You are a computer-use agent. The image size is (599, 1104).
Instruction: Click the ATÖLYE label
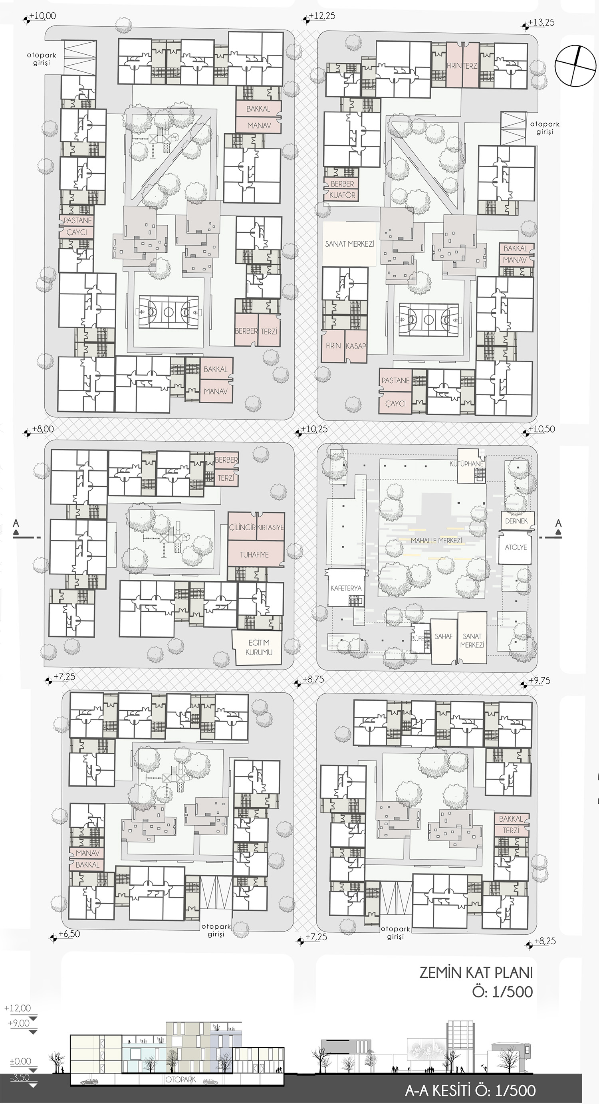[x=516, y=547]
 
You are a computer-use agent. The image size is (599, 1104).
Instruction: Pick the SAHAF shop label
[x=443, y=636]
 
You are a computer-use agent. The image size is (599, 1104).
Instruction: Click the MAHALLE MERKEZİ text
[x=436, y=541]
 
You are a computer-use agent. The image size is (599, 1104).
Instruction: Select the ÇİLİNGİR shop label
[x=242, y=527]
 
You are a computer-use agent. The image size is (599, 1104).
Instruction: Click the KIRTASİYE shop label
[x=270, y=527]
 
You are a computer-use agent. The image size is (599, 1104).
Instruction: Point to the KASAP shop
[x=355, y=346]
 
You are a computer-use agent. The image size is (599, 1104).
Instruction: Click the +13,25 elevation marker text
[x=541, y=22]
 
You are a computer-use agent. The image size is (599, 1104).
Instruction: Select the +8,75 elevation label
[x=313, y=679]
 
